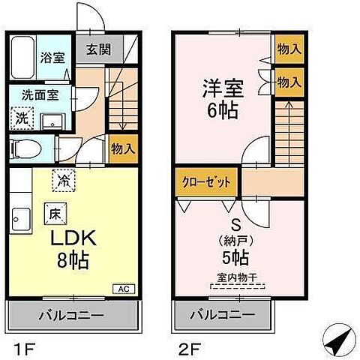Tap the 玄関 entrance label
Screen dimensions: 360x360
[x=94, y=50]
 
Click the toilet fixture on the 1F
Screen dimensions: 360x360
[x=26, y=148]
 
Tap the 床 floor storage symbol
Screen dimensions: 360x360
[x=54, y=212]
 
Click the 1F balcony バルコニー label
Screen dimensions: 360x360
[x=73, y=313]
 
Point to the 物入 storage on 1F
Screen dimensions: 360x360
[x=122, y=148]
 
